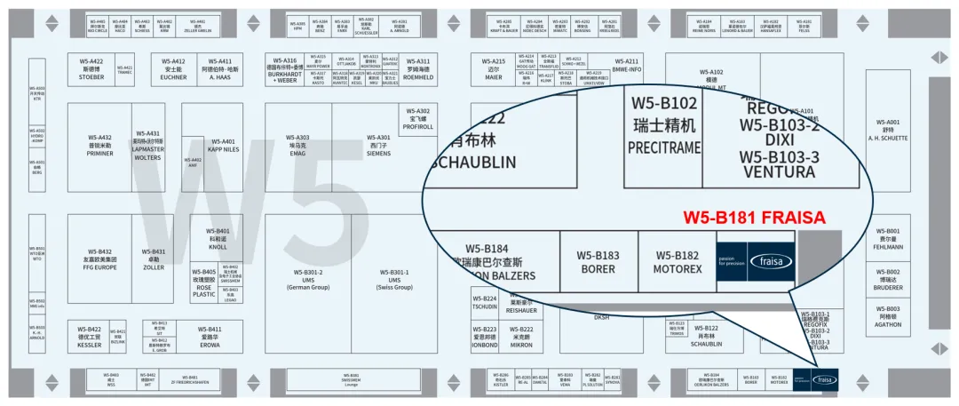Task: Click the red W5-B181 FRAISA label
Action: point(754,217)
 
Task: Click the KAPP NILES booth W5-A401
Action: point(224,146)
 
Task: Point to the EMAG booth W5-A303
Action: point(297,146)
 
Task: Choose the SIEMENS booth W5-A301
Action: point(378,146)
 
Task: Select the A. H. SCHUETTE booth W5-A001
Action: point(888,130)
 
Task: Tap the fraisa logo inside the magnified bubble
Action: point(771,261)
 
